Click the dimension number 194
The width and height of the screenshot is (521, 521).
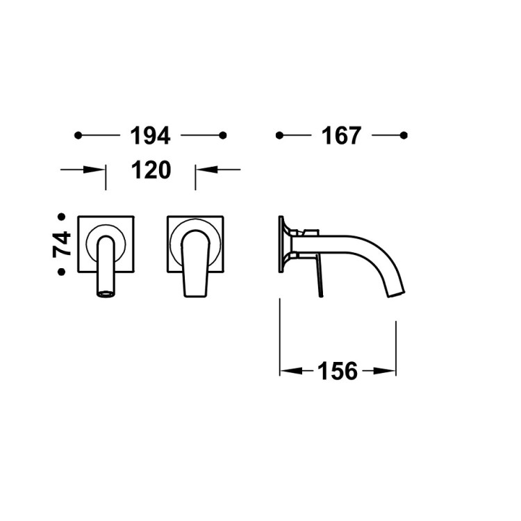(150, 135)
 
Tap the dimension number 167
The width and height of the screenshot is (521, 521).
(341, 135)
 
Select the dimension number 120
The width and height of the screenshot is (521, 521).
(151, 169)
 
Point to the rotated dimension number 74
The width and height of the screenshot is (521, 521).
(62, 245)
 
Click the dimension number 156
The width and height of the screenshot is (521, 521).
(338, 371)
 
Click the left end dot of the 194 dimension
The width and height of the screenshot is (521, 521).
(78, 135)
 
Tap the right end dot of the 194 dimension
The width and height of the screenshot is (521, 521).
(223, 135)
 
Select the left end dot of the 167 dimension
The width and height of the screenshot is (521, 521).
(279, 135)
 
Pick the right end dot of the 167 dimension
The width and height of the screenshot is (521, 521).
(404, 135)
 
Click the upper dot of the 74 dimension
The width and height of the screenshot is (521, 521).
(61, 217)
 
